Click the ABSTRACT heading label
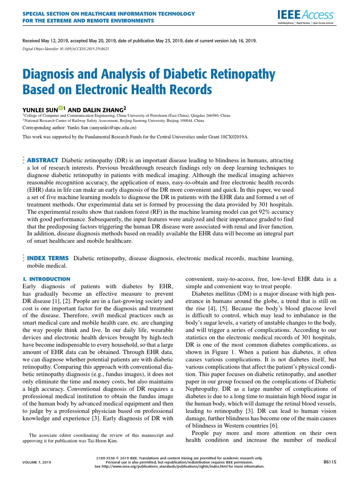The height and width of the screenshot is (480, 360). click(43, 160)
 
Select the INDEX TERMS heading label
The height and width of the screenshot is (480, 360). click(48, 258)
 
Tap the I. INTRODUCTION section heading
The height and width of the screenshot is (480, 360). click(46, 279)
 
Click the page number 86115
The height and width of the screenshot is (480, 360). click(330, 462)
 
